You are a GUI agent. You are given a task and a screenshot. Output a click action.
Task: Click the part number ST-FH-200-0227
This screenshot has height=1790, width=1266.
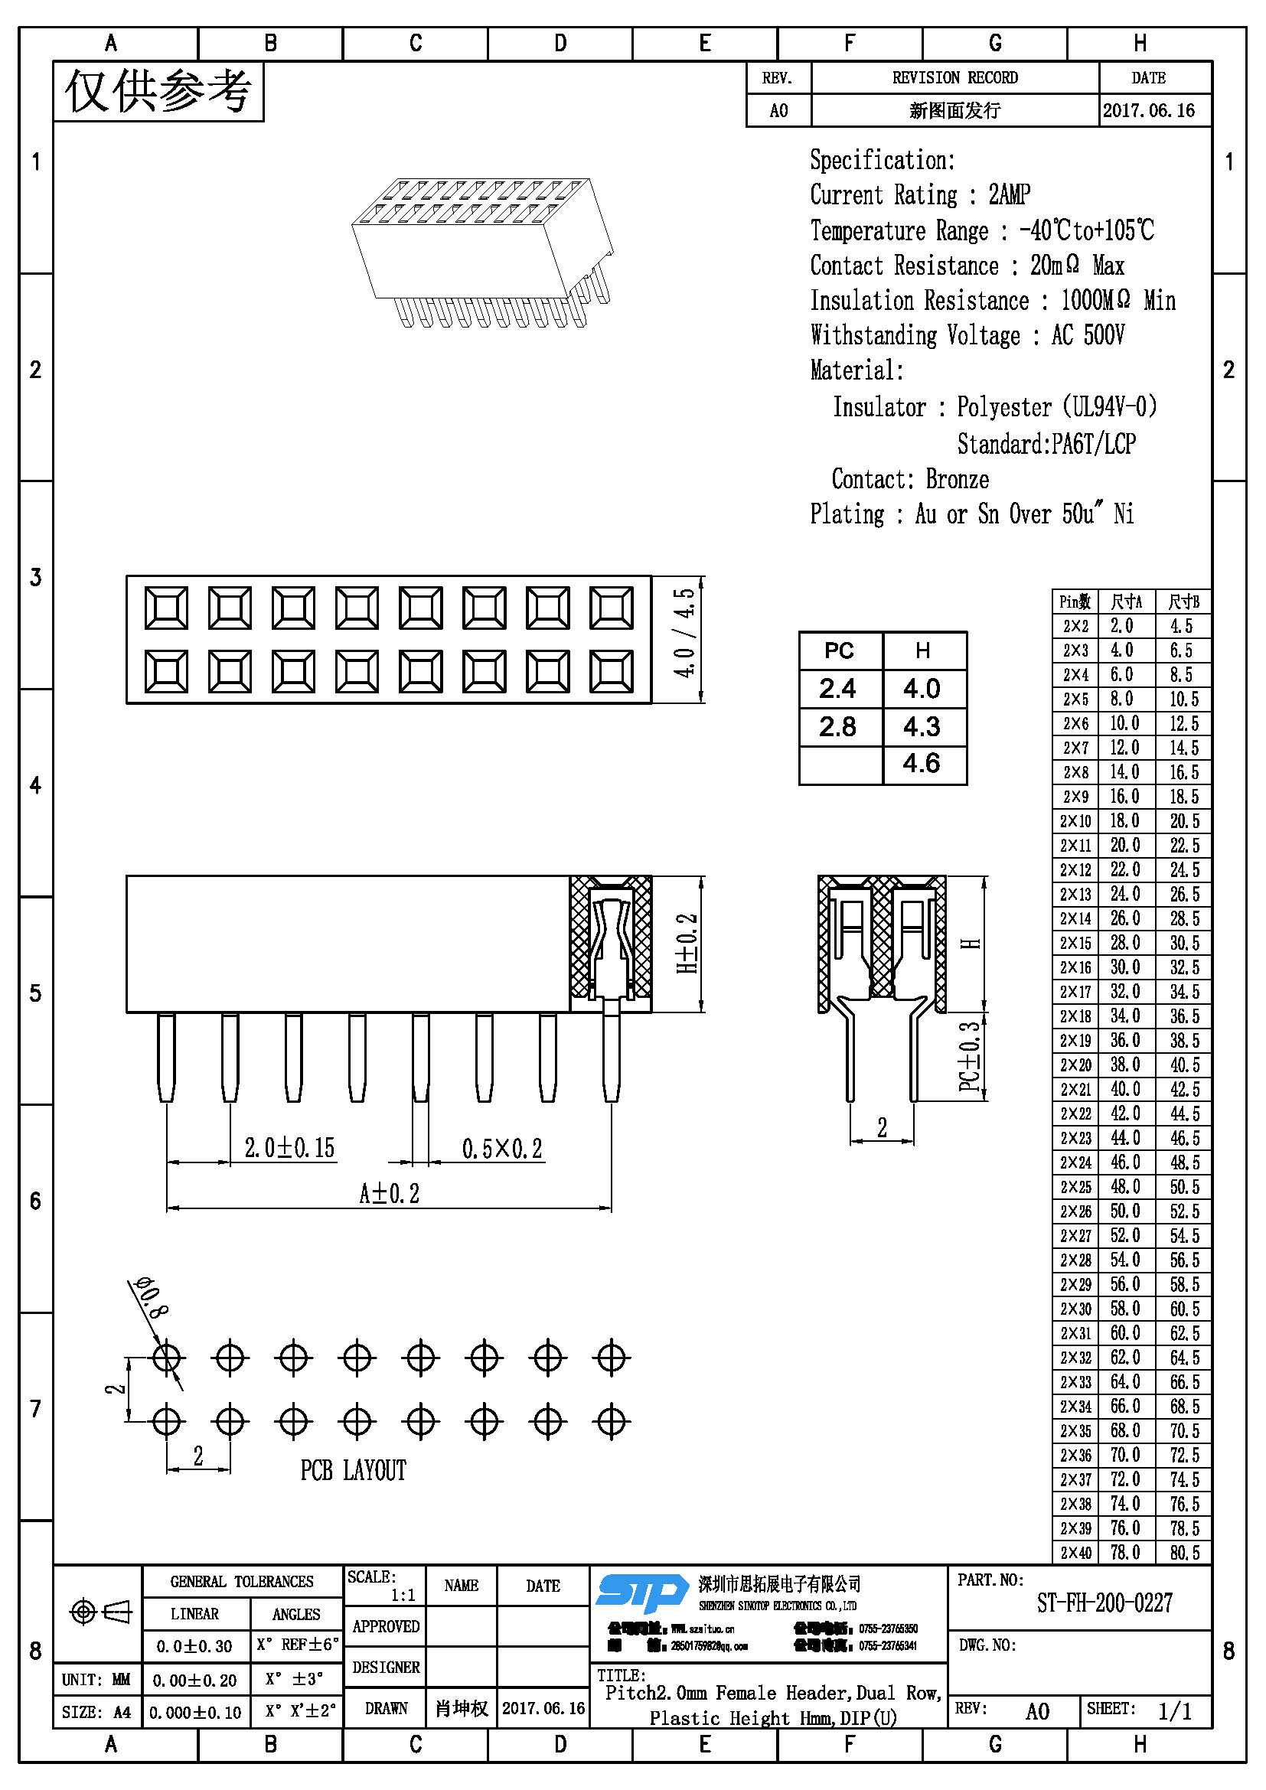tap(1104, 1603)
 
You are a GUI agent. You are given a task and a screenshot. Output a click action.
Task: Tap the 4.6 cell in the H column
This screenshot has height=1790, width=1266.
tap(922, 763)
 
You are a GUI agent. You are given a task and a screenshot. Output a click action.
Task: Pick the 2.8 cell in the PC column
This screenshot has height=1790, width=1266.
tap(838, 726)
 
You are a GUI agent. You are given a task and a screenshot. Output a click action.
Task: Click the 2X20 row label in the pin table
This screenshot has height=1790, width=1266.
tap(1075, 1065)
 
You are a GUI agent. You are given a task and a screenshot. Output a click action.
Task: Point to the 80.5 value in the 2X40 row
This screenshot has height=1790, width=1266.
tap(1184, 1552)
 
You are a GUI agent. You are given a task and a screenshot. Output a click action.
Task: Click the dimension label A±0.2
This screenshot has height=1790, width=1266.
tap(389, 1193)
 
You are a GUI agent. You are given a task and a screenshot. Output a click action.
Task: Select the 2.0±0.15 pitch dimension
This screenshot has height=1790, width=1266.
tap(289, 1148)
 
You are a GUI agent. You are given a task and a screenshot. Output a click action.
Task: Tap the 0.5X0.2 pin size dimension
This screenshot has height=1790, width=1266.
tap(502, 1149)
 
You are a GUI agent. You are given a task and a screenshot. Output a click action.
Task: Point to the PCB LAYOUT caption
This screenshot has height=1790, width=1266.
tap(353, 1470)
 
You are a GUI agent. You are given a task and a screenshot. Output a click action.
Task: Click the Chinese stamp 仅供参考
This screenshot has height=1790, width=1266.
tap(158, 92)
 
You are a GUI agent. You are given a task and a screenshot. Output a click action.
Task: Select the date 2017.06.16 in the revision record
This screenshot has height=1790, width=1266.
tap(1148, 111)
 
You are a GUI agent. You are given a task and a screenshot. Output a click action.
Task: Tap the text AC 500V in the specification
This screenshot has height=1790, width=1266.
tap(1088, 335)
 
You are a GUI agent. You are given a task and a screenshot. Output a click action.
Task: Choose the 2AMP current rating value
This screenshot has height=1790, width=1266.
tap(1010, 195)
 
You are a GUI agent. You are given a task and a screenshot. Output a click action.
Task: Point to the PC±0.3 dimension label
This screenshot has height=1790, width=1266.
tap(969, 1056)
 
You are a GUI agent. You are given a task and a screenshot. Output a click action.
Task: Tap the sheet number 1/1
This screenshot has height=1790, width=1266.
tap(1175, 1711)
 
